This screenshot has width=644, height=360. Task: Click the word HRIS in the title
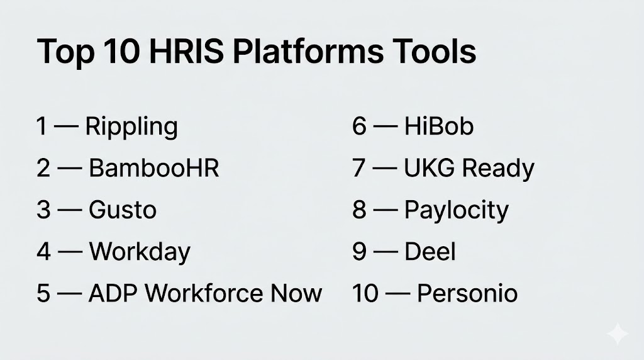(x=186, y=52)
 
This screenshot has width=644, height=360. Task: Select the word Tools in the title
(x=434, y=52)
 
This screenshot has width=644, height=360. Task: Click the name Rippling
(x=131, y=127)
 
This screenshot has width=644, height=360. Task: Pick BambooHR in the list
(x=154, y=168)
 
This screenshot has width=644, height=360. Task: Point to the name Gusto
(x=123, y=210)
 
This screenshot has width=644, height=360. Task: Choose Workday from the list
(x=140, y=252)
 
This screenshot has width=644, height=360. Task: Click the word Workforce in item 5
(x=204, y=293)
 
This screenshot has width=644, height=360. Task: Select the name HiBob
(x=438, y=126)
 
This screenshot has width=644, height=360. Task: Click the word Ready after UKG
(x=498, y=169)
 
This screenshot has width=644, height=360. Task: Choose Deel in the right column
(x=430, y=252)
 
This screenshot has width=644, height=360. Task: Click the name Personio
(x=467, y=293)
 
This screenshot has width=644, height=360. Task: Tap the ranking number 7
(x=359, y=168)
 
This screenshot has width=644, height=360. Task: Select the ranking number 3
(x=43, y=210)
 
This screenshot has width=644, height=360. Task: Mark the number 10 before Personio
(x=365, y=293)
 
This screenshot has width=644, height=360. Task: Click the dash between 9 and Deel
(x=386, y=252)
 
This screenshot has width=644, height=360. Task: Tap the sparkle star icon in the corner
(x=618, y=334)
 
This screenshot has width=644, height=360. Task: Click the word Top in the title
(x=65, y=52)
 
